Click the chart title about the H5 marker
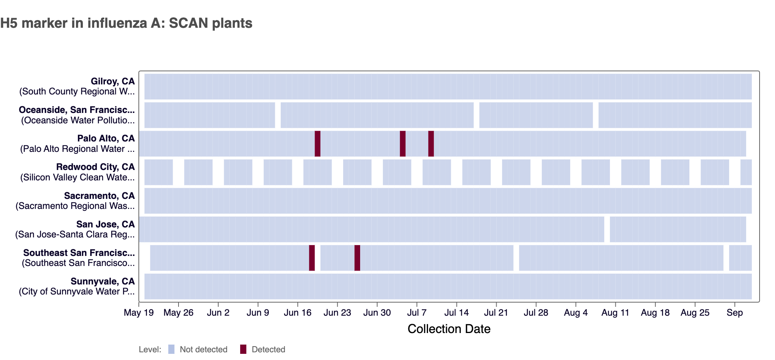[x=126, y=23]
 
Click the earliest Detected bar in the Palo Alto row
[x=317, y=144]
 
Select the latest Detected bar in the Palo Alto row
[x=431, y=144]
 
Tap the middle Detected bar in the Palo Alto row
[x=403, y=144]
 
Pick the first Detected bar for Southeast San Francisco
[x=312, y=258]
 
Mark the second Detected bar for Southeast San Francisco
[x=357, y=258]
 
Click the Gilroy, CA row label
[x=113, y=81]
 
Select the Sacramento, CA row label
[x=99, y=196]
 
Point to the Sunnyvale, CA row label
[x=103, y=281]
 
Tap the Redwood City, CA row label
[x=95, y=167]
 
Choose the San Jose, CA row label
[x=105, y=224]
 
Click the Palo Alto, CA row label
[x=106, y=138]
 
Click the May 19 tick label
[x=138, y=313]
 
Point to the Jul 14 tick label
[x=457, y=313]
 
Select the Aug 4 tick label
[x=576, y=313]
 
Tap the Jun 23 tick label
[x=337, y=313]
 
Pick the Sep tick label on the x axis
[x=735, y=313]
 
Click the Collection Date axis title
[x=449, y=329]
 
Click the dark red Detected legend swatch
[x=243, y=349]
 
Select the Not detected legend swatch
[x=172, y=349]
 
